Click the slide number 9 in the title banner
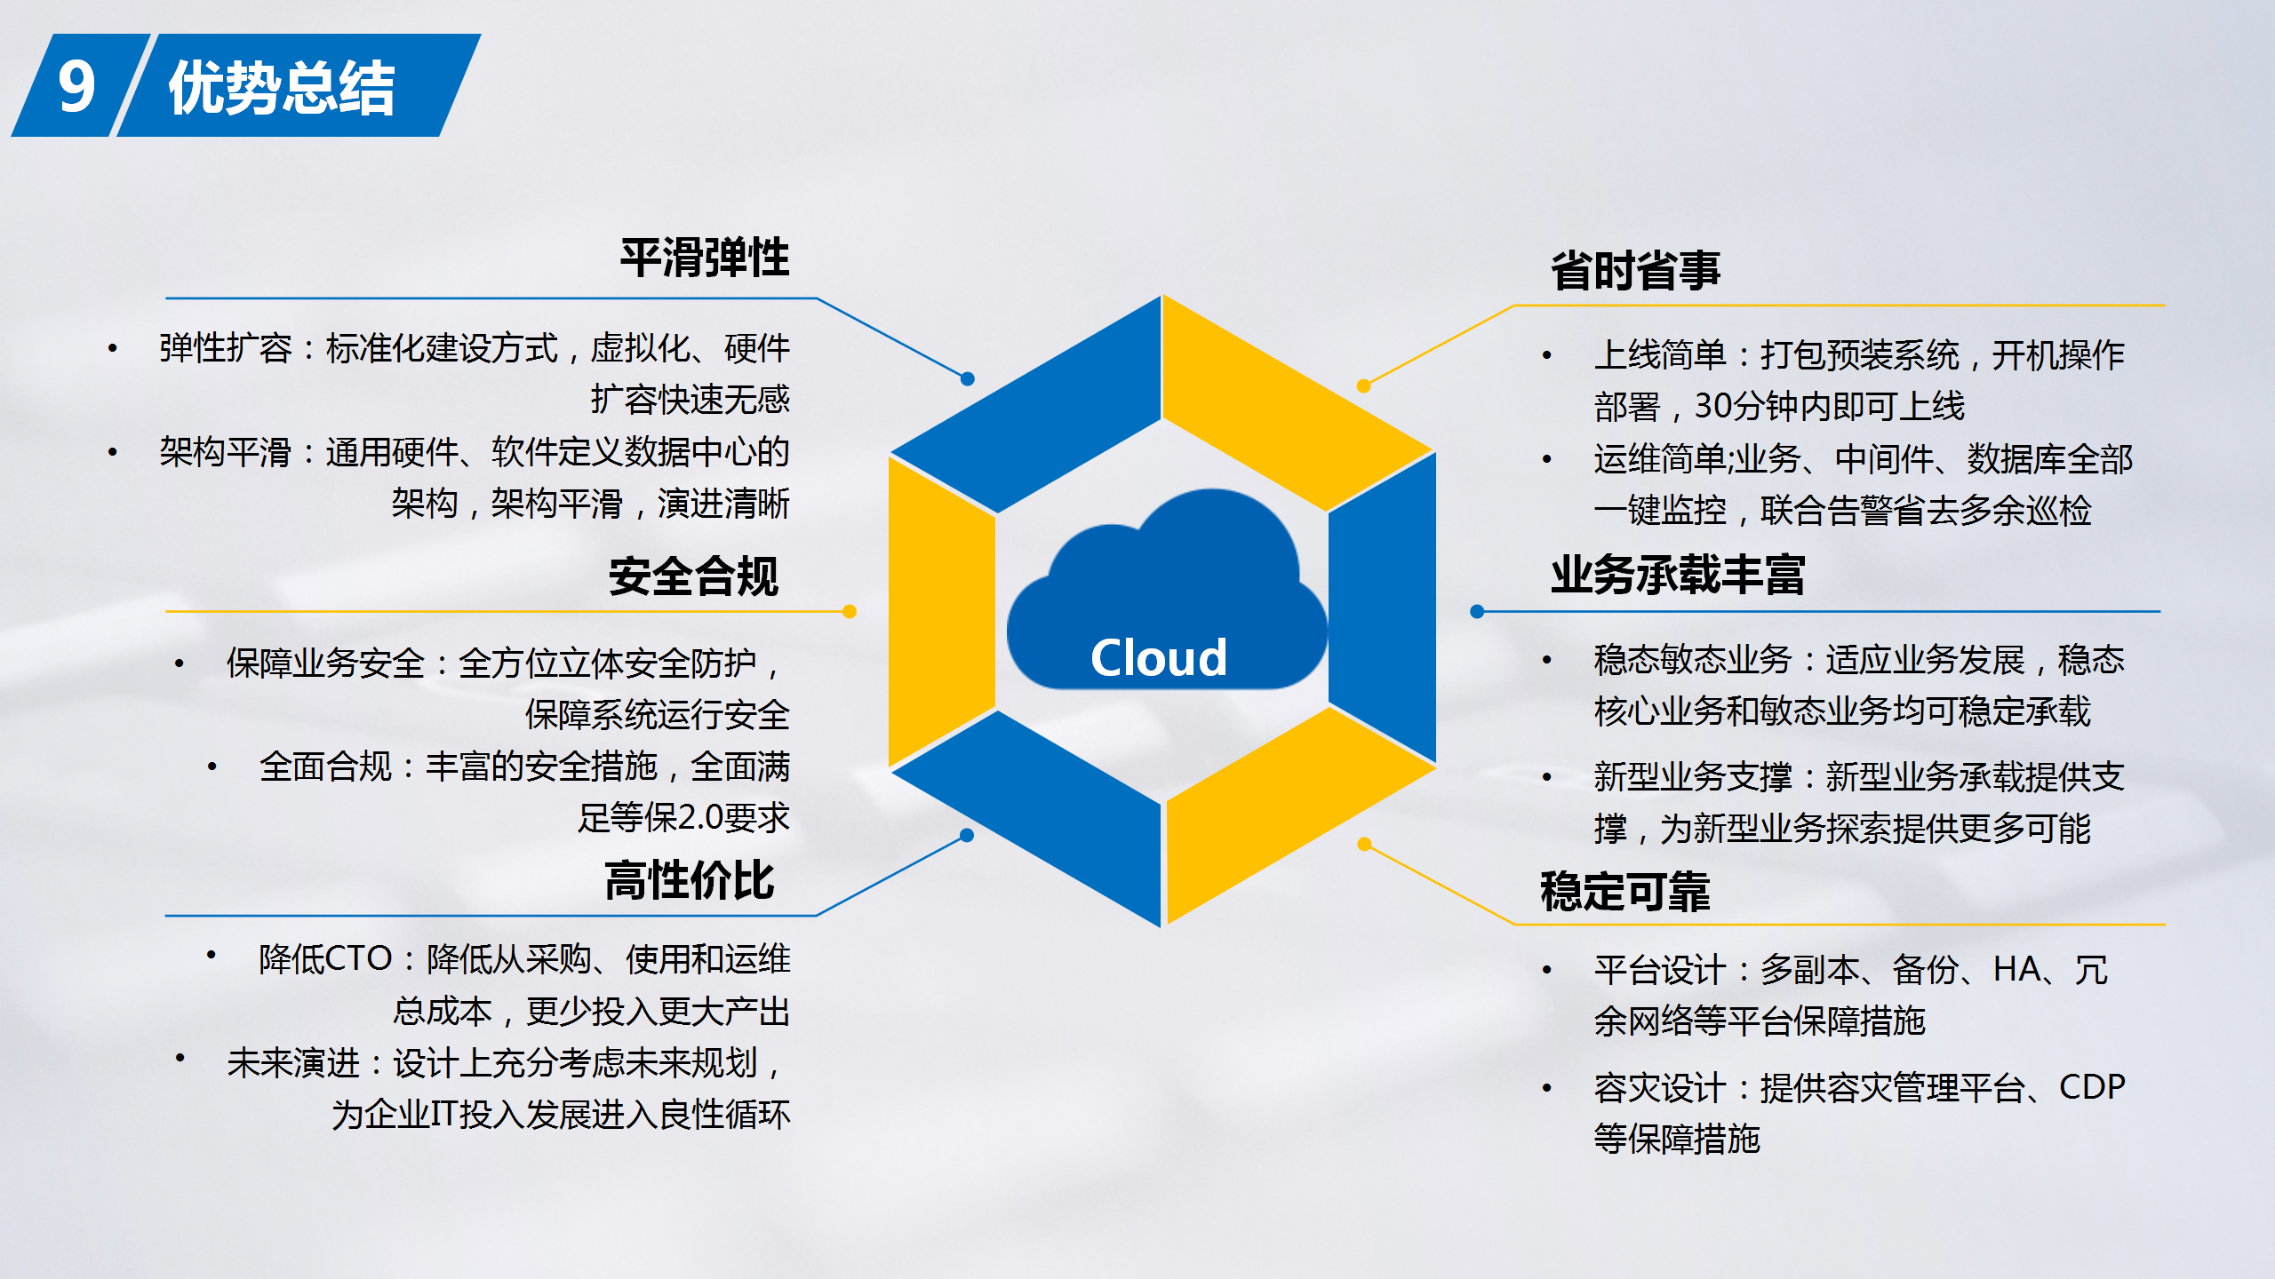pyautogui.click(x=76, y=87)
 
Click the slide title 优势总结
pyautogui.click(x=282, y=88)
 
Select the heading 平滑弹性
pyautogui.click(x=705, y=258)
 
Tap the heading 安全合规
pyautogui.click(x=694, y=576)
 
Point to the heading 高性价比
pyautogui.click(x=690, y=881)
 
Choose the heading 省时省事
pyautogui.click(x=1636, y=271)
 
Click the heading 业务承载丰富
pyautogui.click(x=1678, y=575)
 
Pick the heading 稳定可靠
pyautogui.click(x=1625, y=892)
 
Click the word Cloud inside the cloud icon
pyautogui.click(x=1159, y=658)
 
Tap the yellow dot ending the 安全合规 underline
pyautogui.click(x=850, y=611)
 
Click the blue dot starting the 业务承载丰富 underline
pyautogui.click(x=1477, y=611)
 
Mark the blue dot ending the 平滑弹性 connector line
pyautogui.click(x=968, y=379)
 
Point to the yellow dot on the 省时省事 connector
pyautogui.click(x=1364, y=385)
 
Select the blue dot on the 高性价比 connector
pyautogui.click(x=967, y=835)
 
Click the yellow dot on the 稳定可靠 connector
pyautogui.click(x=1365, y=844)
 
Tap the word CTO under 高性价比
pyautogui.click(x=359, y=959)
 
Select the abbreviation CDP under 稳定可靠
pyautogui.click(x=2092, y=1087)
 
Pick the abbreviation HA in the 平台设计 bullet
pyautogui.click(x=2017, y=969)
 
